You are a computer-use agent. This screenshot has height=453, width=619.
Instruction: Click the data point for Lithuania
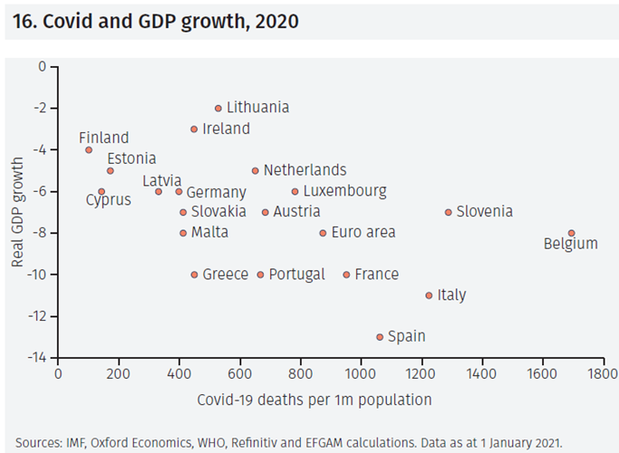218,108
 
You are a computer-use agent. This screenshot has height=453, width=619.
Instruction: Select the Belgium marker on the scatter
571,233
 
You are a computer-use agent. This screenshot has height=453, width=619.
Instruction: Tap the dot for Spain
380,337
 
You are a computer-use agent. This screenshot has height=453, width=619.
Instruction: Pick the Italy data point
430,295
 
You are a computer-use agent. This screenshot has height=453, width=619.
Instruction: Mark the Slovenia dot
448,212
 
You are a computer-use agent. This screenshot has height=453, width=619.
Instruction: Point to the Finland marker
89,149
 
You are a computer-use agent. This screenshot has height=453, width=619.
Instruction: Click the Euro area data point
323,233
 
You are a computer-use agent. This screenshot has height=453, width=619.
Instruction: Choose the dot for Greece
194,275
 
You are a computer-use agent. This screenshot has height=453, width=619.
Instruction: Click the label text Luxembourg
344,191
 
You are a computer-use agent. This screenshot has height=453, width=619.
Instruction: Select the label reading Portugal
296,275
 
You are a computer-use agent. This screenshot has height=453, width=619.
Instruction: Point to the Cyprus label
108,200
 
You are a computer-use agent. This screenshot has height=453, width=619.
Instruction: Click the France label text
376,275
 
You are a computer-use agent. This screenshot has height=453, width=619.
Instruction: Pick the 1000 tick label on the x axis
361,372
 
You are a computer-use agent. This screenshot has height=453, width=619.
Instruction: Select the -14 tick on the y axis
37,358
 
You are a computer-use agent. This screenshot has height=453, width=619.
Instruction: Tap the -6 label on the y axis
40,191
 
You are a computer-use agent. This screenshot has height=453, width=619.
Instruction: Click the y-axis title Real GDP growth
17,212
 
